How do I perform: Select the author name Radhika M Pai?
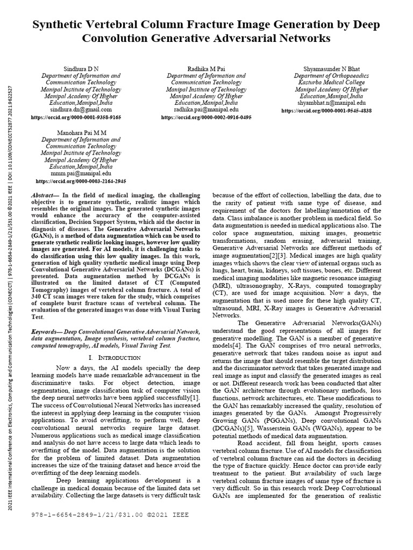(206, 69)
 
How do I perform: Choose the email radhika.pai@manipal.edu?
(206, 109)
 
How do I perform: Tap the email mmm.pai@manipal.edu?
(81, 173)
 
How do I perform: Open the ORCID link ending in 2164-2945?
(81, 182)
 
